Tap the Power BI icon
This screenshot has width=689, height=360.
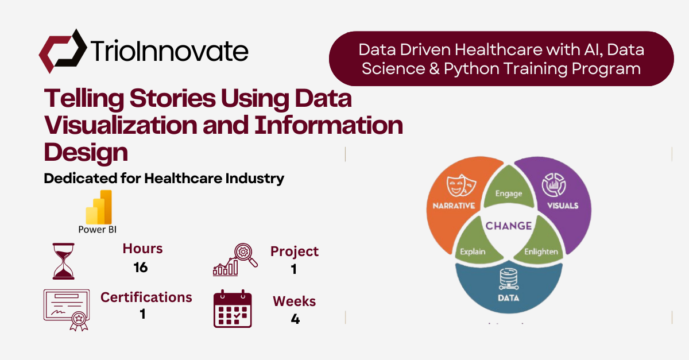(99, 207)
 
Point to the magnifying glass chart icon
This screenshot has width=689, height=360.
(236, 260)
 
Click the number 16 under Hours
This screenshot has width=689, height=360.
(140, 268)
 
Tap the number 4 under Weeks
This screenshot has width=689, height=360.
(295, 319)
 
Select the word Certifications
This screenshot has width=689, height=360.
(146, 297)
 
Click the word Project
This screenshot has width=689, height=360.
(295, 251)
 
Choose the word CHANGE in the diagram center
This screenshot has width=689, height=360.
(509, 226)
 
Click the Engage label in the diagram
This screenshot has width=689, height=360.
(509, 193)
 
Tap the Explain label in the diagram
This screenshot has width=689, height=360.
(473, 251)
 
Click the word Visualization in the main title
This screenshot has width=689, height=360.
(130, 126)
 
